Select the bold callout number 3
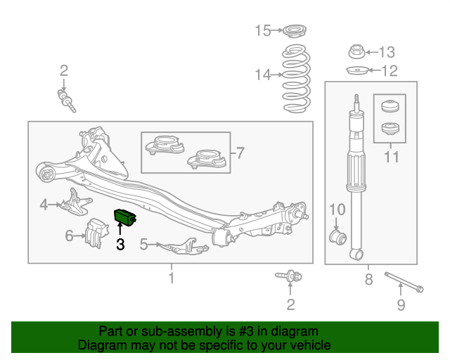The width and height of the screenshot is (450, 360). click(120, 244)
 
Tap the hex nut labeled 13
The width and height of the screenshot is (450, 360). click(356, 51)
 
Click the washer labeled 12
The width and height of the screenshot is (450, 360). click(357, 70)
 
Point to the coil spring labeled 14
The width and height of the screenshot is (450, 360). click(296, 78)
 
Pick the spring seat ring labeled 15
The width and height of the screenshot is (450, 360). click(295, 31)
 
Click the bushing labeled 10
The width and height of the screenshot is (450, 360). click(337, 236)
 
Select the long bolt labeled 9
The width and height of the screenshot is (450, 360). click(404, 282)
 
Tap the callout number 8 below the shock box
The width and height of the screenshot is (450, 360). click(368, 279)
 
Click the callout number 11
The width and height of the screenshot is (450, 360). click(391, 157)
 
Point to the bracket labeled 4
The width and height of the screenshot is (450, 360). click(75, 202)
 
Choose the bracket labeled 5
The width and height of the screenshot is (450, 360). click(183, 247)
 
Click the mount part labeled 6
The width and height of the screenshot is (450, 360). click(96, 233)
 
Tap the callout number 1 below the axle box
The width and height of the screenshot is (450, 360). click(172, 278)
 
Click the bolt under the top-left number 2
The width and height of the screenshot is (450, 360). click(67, 101)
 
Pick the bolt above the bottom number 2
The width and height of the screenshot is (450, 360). click(288, 276)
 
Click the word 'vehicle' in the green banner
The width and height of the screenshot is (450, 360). click(313, 345)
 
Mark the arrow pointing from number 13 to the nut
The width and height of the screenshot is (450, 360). click(372, 52)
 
